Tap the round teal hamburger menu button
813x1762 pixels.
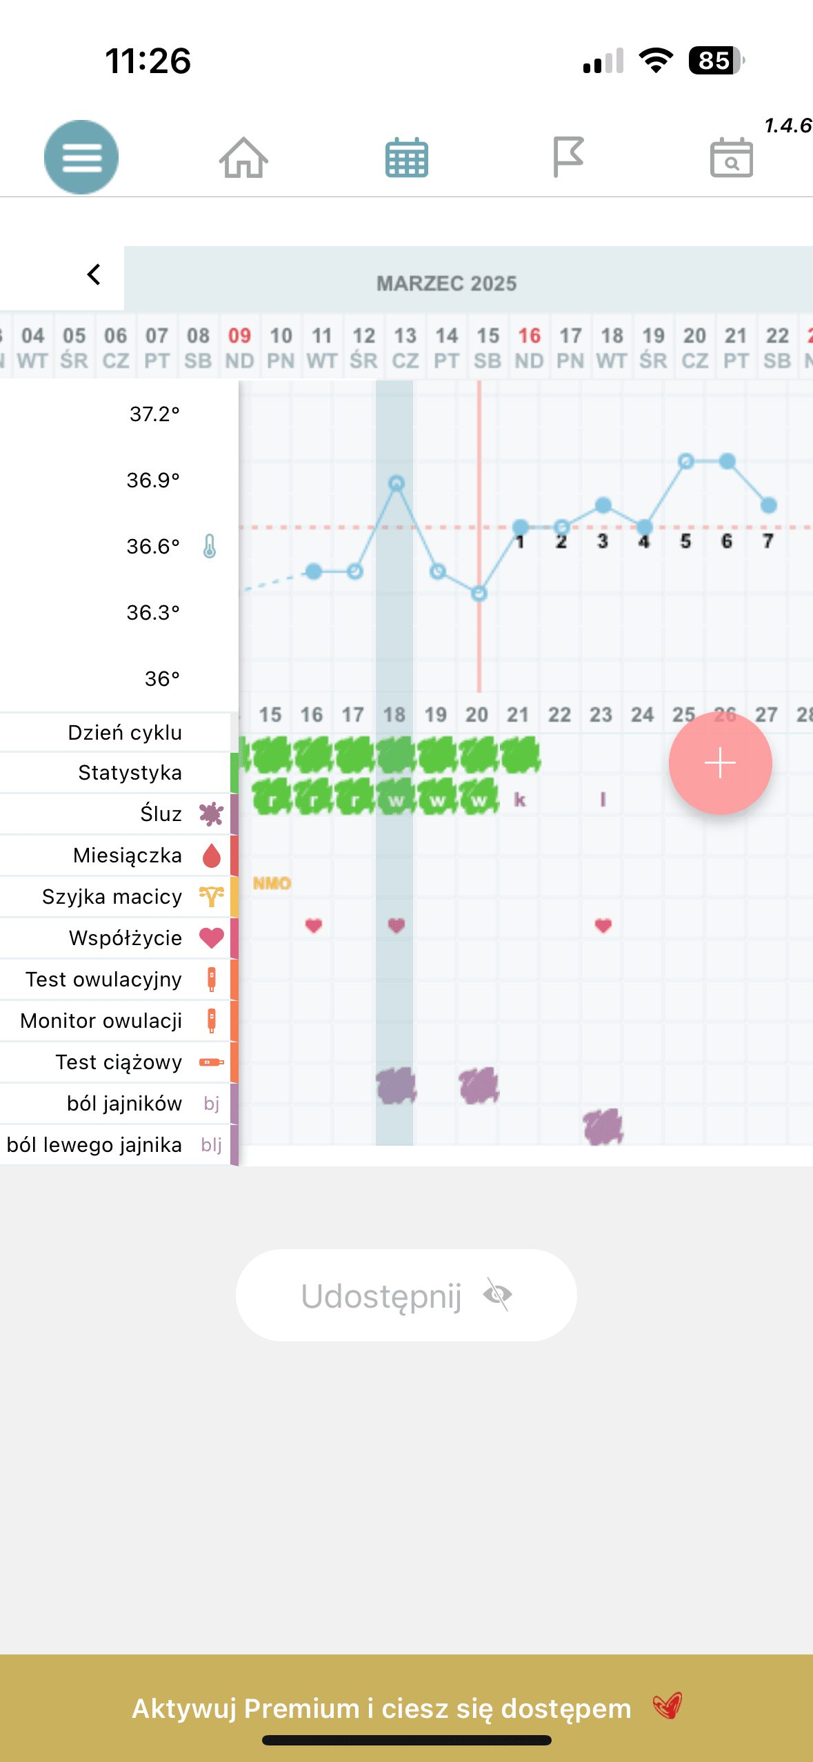[81, 157]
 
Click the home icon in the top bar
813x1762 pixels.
[243, 157]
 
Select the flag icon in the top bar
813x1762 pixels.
[568, 157]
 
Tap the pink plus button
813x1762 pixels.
[720, 763]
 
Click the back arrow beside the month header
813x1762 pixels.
[94, 274]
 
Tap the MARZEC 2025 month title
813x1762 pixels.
[446, 283]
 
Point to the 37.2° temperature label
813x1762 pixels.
[154, 414]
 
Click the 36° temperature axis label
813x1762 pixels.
[162, 678]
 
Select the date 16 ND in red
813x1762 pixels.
[529, 347]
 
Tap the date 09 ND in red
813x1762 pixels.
[239, 347]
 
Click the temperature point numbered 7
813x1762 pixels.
[768, 505]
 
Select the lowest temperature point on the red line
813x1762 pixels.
[479, 593]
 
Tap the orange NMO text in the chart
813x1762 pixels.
[272, 883]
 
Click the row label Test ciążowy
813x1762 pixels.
[119, 1062]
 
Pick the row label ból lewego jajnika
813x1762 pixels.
[94, 1145]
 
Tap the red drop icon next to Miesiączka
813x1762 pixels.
[212, 855]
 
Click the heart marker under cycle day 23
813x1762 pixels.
[603, 925]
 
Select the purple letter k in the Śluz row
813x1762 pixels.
[520, 800]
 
